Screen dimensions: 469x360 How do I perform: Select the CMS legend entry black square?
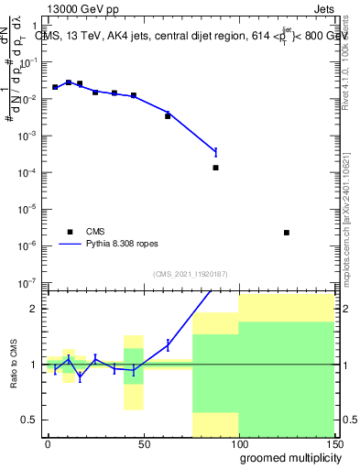click(x=67, y=232)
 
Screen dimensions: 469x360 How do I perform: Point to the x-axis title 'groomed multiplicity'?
click(x=287, y=456)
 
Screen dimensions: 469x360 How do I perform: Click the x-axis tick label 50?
click(x=143, y=443)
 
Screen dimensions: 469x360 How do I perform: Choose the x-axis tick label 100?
click(x=238, y=443)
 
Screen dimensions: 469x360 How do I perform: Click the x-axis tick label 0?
click(x=48, y=443)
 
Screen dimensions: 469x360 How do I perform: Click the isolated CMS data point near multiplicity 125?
click(x=287, y=233)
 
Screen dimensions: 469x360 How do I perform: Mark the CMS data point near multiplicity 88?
click(x=215, y=168)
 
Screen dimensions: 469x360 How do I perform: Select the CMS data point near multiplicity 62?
click(x=168, y=116)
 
